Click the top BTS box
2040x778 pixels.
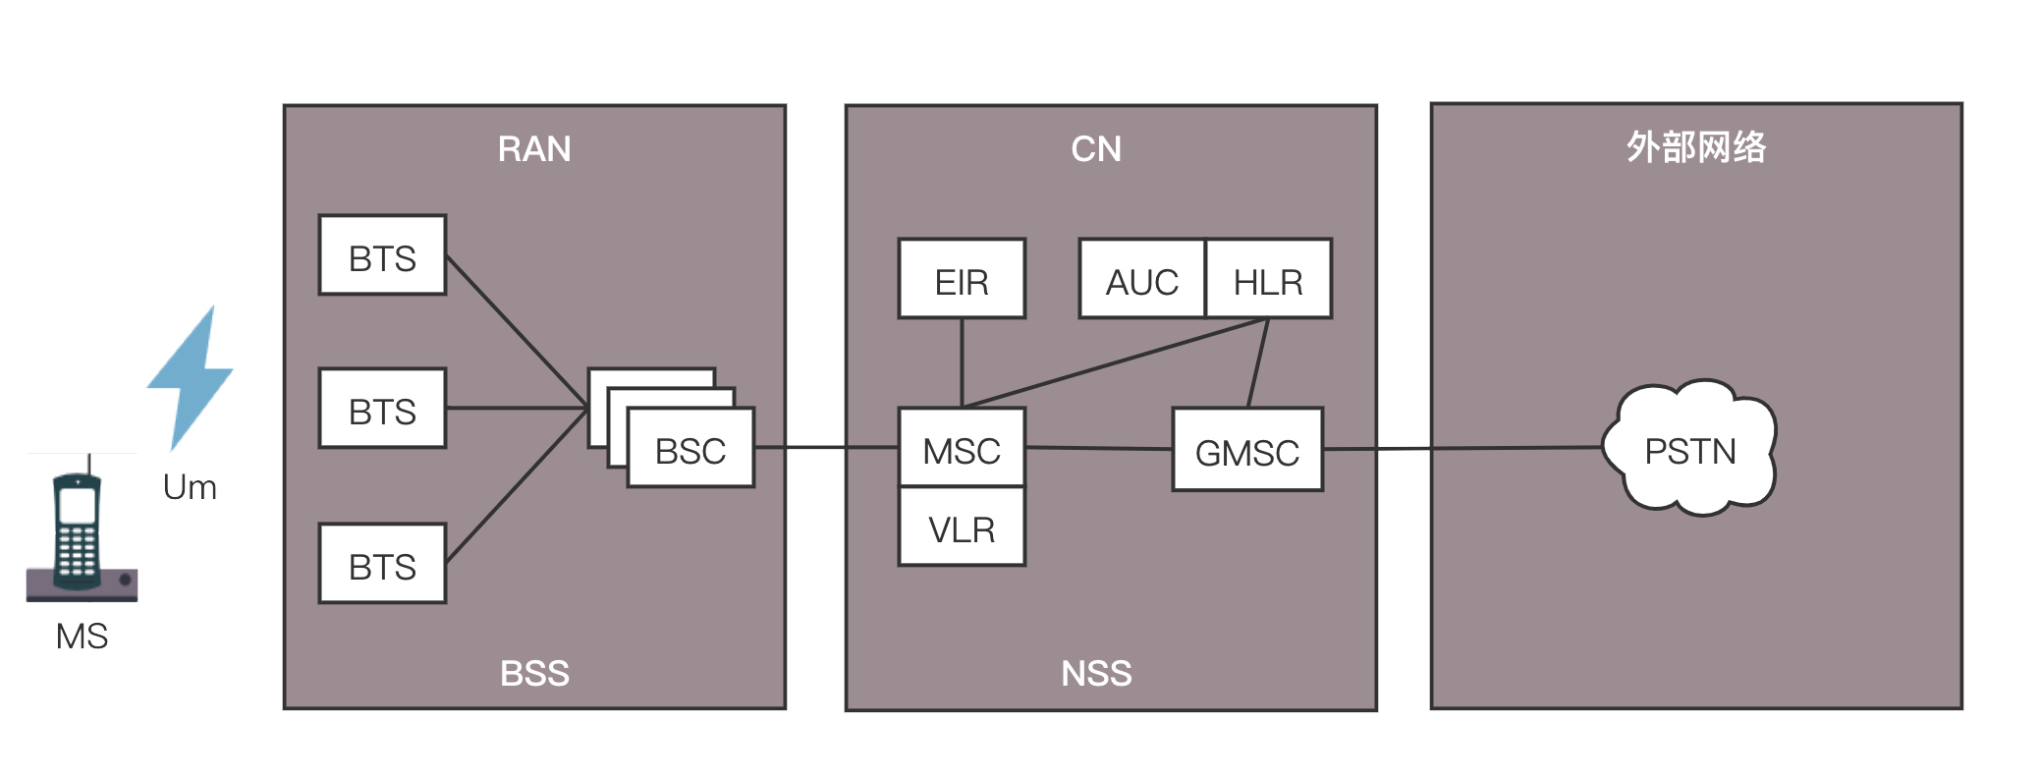pos(382,255)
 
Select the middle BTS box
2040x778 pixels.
pos(382,409)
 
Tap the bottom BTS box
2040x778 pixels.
pos(382,564)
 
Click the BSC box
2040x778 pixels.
pos(690,449)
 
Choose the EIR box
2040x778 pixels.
pos(962,279)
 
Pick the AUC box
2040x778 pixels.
pos(1141,279)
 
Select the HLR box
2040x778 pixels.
pos(1268,279)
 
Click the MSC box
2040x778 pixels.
pos(962,448)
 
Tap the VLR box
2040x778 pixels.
pos(962,528)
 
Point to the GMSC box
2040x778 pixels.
pos(1247,450)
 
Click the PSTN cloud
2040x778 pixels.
pos(1689,449)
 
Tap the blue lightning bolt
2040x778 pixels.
pos(192,378)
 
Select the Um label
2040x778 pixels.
pos(190,487)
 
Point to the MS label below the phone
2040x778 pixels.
pos(82,637)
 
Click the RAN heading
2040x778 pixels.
pos(534,149)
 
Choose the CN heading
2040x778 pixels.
pos(1096,149)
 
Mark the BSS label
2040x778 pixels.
pos(534,674)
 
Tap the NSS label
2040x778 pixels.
pos(1096,674)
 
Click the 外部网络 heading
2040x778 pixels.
pos(1696,147)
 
